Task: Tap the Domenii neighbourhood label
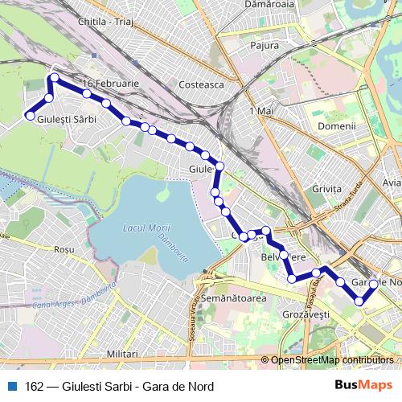(x=336, y=126)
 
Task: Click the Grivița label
(x=328, y=189)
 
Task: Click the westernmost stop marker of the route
(x=31, y=116)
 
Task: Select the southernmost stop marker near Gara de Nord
(x=359, y=301)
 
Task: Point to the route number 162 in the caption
(x=35, y=387)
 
